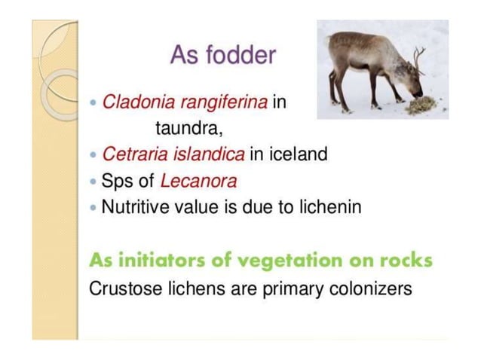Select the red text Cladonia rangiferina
[184, 102]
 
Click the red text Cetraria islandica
[173, 154]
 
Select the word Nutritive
[138, 206]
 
